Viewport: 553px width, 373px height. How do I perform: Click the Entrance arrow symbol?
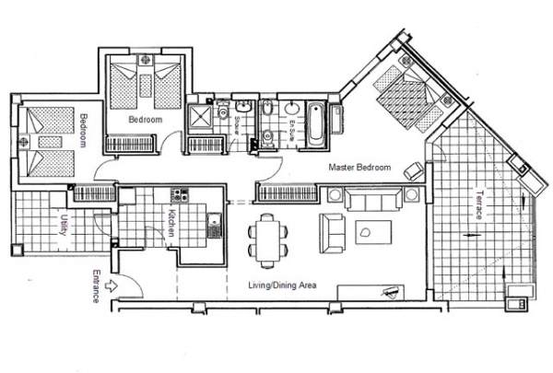(112, 286)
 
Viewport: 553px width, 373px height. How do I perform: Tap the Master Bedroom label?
(359, 167)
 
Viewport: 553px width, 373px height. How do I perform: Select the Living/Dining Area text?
(282, 285)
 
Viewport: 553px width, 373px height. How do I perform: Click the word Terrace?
(479, 204)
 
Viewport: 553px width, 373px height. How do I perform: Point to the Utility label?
(63, 225)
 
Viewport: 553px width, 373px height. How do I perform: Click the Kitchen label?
(171, 223)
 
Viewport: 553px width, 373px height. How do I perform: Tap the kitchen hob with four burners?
(180, 195)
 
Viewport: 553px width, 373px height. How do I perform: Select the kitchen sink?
(214, 226)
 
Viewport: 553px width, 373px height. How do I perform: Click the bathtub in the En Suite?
(315, 125)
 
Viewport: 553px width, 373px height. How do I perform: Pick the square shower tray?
(200, 117)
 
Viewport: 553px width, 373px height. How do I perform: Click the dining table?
(267, 240)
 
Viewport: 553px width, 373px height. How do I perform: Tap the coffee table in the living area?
(373, 232)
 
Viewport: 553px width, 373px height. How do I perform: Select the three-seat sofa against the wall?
(373, 199)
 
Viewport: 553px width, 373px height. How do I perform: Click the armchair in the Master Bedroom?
(414, 171)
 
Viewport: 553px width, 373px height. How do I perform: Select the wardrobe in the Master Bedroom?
(287, 193)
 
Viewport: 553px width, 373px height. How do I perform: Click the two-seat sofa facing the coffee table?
(332, 233)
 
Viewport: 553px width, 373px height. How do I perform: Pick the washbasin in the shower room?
(243, 106)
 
